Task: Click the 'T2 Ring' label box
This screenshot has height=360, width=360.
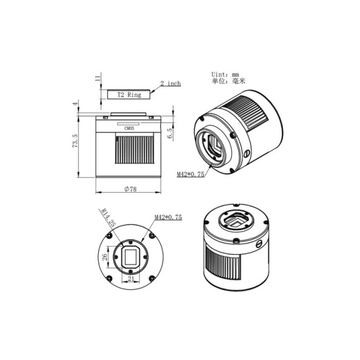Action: [x=129, y=95]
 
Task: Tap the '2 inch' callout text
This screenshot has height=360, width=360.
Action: [x=170, y=83]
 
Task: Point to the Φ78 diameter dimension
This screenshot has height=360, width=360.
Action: [x=129, y=190]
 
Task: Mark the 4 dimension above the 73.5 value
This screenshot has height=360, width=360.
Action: [x=75, y=104]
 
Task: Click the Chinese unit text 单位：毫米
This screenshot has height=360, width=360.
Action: [x=227, y=82]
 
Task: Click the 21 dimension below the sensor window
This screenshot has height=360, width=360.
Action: [x=131, y=279]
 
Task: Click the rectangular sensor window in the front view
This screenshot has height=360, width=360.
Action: [x=131, y=256]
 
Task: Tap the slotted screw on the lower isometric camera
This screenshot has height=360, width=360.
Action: [x=257, y=243]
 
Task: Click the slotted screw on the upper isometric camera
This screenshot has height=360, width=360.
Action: [x=247, y=152]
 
